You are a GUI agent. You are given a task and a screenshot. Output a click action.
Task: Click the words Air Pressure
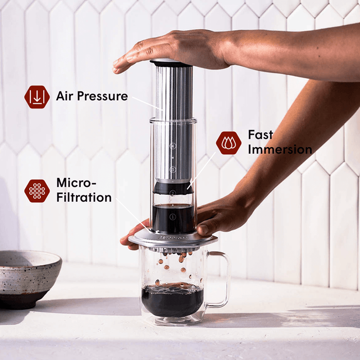point(92,96)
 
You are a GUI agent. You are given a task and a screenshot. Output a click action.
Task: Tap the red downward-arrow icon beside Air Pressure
point(37,97)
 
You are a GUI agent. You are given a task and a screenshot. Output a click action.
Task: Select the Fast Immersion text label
point(279,142)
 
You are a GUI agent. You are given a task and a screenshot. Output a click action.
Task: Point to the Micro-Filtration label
point(83,190)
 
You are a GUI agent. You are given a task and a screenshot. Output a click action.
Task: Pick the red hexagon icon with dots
point(37,190)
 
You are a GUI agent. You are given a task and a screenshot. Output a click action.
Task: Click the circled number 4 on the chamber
point(173,146)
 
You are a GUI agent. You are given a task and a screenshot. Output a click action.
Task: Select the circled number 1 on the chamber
point(173,217)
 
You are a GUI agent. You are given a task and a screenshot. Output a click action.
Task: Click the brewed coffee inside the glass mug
point(172,300)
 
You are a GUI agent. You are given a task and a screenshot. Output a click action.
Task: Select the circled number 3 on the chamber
point(173,169)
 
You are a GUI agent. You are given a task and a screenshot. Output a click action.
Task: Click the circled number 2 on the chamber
point(173,193)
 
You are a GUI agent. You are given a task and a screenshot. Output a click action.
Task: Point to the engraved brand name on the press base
point(173,239)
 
